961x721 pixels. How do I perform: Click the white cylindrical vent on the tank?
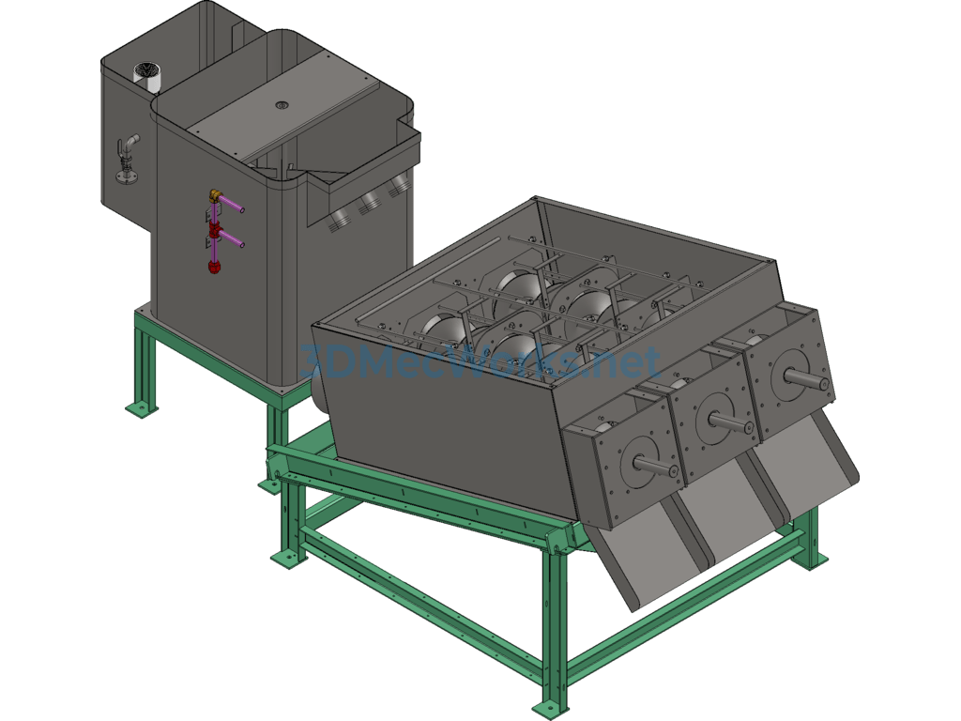(147, 76)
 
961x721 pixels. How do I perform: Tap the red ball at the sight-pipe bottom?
(214, 267)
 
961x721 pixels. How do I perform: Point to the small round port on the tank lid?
(282, 105)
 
